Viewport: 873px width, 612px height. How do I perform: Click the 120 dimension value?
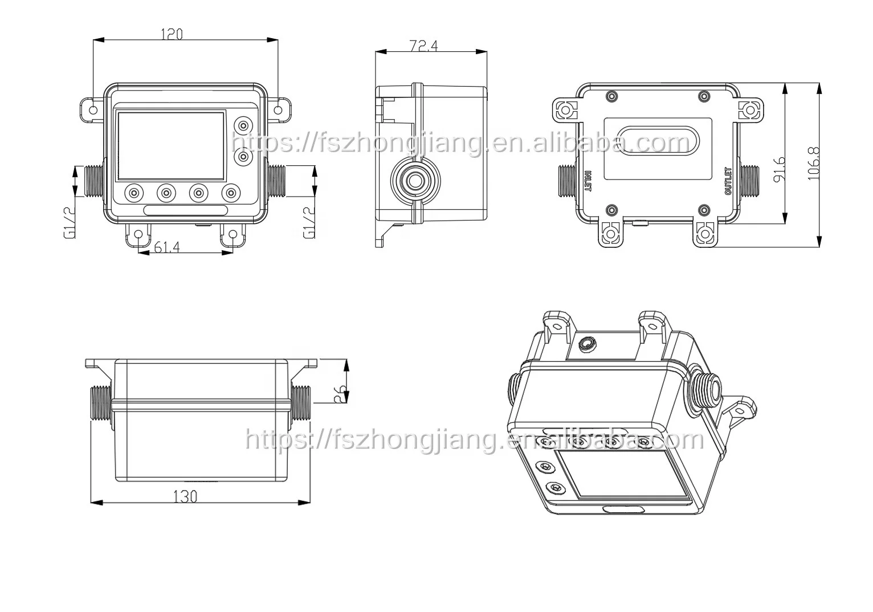[x=172, y=34]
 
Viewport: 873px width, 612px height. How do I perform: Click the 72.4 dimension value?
[x=423, y=46]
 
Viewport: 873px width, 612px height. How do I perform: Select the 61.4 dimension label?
[x=168, y=247]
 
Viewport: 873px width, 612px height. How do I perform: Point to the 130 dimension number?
[x=185, y=496]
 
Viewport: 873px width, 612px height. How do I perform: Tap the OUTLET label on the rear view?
[x=727, y=181]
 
